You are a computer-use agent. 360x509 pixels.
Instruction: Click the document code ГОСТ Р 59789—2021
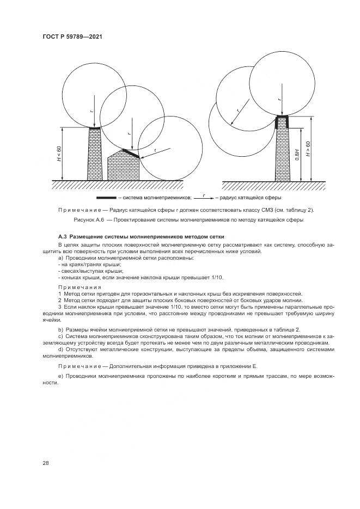tap(72, 36)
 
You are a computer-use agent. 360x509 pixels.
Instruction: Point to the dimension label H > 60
tap(308, 149)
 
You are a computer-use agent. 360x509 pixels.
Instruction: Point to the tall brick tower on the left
tap(95, 154)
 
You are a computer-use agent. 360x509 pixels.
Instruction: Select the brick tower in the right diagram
tap(282, 152)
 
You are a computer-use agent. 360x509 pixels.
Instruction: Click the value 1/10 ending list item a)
tap(218, 278)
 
